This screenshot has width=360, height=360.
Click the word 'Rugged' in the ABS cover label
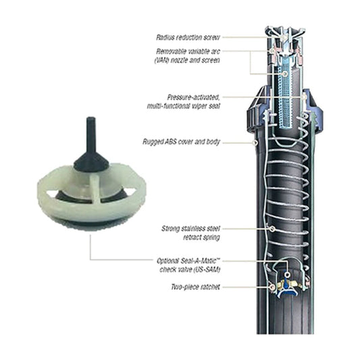[x=153, y=143]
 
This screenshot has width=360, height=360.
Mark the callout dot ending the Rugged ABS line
[x=256, y=143]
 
